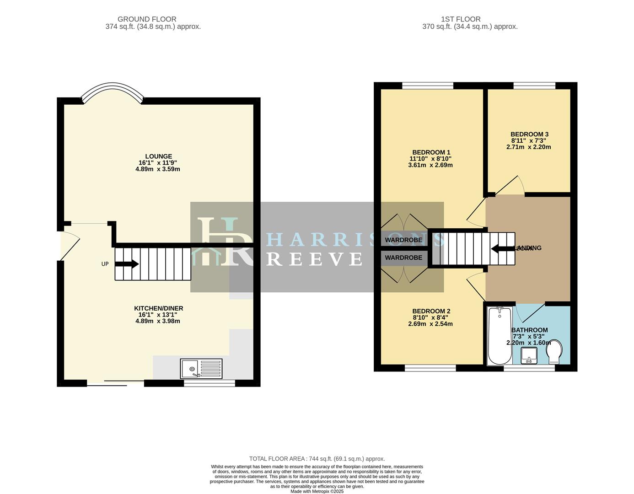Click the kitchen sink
(201, 368)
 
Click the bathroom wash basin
(530, 355)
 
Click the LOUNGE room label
(158, 156)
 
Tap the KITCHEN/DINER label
(158, 308)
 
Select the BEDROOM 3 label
(529, 134)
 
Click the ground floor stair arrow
(127, 264)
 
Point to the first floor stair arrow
(502, 248)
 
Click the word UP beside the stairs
(105, 264)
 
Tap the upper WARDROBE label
(403, 240)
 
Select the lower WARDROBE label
(403, 258)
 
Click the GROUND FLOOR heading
(147, 19)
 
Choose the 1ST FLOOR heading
(461, 19)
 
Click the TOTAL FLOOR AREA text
(317, 458)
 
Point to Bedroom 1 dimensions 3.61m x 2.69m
(430, 165)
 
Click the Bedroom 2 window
(430, 367)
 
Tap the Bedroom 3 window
(534, 86)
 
